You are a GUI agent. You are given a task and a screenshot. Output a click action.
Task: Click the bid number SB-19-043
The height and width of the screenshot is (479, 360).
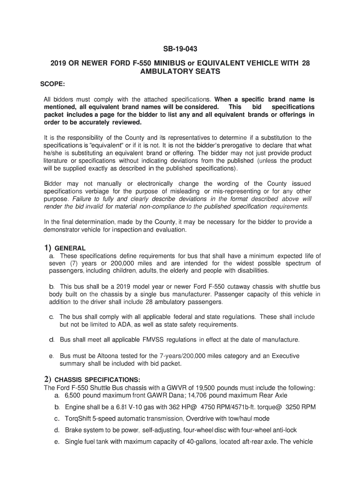click(180, 48)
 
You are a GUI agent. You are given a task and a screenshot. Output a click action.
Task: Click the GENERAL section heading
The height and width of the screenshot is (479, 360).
click(70, 248)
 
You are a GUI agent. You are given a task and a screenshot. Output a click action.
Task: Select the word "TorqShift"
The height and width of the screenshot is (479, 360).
click(79, 418)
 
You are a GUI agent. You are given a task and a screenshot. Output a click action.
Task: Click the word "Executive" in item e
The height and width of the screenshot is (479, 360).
click(281, 356)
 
